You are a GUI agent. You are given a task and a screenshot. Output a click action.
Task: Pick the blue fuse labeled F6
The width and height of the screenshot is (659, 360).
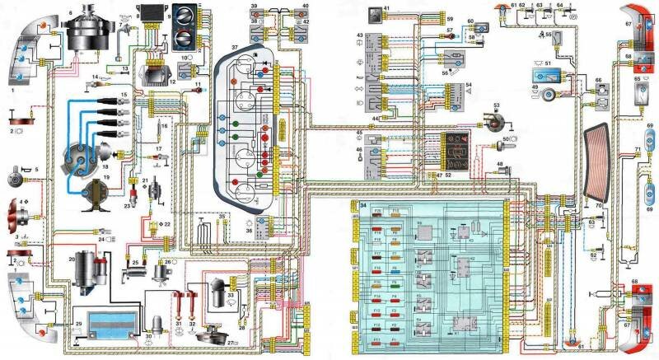click(394, 267)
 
